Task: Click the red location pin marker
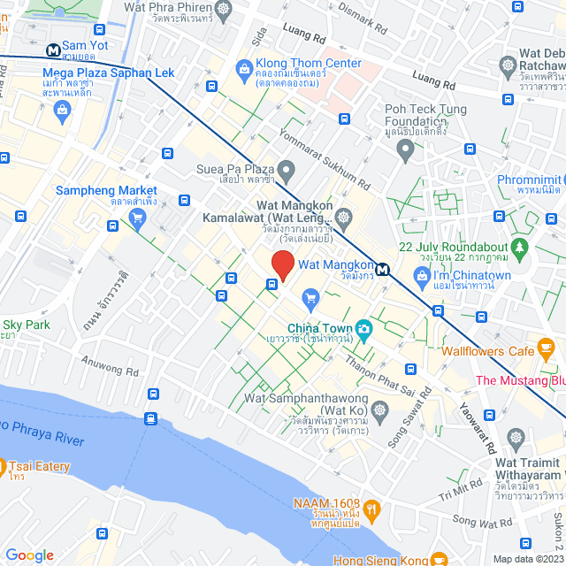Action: tap(282, 264)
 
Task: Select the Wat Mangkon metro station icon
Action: tap(382, 270)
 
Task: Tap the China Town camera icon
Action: tap(363, 331)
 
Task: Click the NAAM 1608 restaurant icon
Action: tap(372, 509)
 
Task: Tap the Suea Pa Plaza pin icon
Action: tap(286, 168)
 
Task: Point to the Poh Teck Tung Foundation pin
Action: tap(405, 151)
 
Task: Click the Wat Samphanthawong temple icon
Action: tap(380, 410)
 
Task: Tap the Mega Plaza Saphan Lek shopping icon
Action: tap(62, 109)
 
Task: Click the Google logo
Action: tap(29, 555)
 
